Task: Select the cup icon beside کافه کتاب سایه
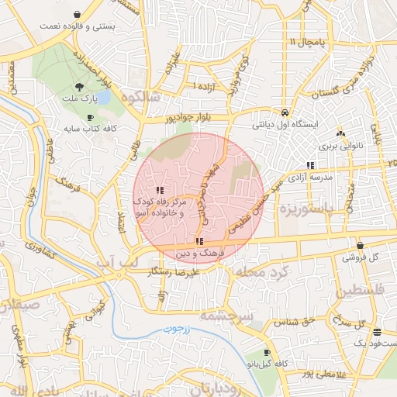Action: click(91, 117)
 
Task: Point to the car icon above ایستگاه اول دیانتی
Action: click(285, 111)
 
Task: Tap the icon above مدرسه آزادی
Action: click(310, 164)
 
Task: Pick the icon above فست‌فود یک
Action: click(376, 331)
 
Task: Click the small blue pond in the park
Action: click(104, 97)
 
